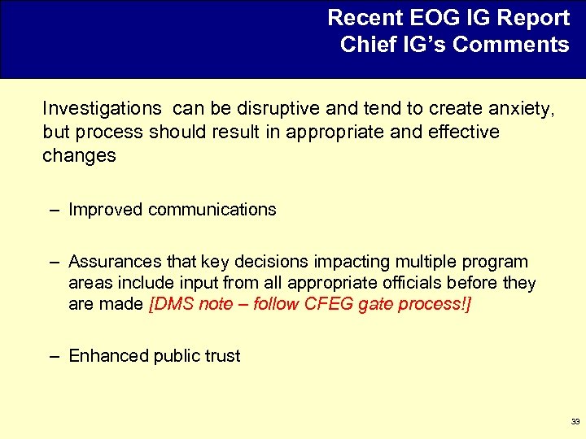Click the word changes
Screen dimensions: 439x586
tap(79, 155)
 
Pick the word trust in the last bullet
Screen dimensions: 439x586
tap(221, 356)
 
